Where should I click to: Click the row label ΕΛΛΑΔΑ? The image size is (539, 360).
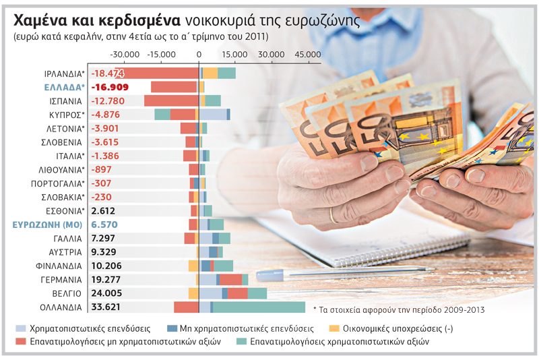[x=64, y=88]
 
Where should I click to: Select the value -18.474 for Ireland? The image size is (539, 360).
[x=108, y=73]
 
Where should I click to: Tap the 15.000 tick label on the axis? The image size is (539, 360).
[x=234, y=55]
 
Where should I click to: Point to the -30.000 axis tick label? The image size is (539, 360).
[x=125, y=55]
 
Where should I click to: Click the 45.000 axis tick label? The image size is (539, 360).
[x=308, y=55]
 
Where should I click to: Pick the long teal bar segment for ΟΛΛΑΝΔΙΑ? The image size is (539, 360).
[x=259, y=307]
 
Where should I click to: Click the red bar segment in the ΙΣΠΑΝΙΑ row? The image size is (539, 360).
[x=172, y=100]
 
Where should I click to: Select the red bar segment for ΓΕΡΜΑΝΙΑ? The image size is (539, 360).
[x=230, y=280]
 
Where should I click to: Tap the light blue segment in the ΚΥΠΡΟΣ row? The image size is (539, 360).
[x=213, y=115]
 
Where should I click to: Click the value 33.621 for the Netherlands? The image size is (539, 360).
[x=106, y=307]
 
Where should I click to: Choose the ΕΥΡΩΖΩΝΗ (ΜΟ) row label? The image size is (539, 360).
[x=47, y=225]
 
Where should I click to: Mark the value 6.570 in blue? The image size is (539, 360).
[x=104, y=224]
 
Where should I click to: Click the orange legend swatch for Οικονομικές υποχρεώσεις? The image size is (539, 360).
[x=334, y=328]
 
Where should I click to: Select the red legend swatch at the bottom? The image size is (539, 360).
[x=21, y=341]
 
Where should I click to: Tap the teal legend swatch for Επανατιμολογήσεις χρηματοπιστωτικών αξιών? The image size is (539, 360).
[x=241, y=341]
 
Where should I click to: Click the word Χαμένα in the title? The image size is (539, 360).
[x=40, y=21]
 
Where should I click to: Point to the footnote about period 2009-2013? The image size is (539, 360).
[x=399, y=310]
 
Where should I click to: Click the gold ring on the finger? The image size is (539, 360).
[x=333, y=216]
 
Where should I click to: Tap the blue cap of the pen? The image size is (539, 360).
[x=270, y=275]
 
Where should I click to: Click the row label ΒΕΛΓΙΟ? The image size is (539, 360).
[x=67, y=294]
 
